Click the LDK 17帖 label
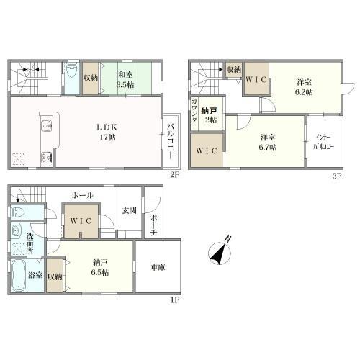[x=107, y=132]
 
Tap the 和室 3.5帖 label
[x=125, y=80]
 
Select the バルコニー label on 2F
[x=171, y=140]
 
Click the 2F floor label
[x=174, y=175]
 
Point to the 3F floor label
[x=336, y=176]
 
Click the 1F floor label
[x=175, y=300]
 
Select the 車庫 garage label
[x=158, y=267]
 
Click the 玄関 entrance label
[x=130, y=211]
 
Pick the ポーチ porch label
[x=154, y=225]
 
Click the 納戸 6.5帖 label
[x=100, y=267]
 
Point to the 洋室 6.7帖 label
[x=268, y=143]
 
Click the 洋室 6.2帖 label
[x=304, y=87]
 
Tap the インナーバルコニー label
[x=323, y=143]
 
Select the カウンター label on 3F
[x=194, y=114]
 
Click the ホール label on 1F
[x=82, y=196]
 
